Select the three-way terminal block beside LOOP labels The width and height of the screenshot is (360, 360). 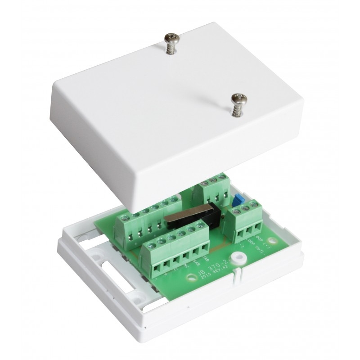[x=246, y=223]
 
